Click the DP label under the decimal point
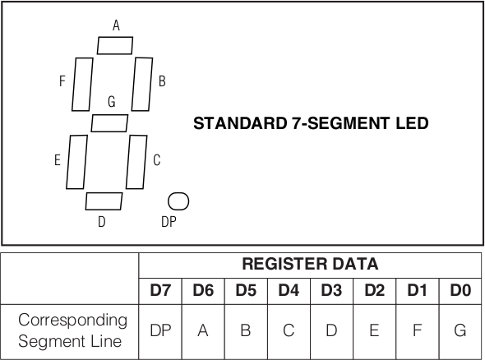coord(169,222)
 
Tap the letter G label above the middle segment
coord(112,101)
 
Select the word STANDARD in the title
coord(240,123)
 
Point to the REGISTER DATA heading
coord(310,264)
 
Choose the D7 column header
coord(160,290)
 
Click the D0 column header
coord(460,290)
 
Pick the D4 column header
coord(289,290)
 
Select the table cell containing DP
coord(160,331)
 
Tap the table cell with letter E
coord(374,331)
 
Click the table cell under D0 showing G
coord(460,331)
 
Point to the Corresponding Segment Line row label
coord(72,330)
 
